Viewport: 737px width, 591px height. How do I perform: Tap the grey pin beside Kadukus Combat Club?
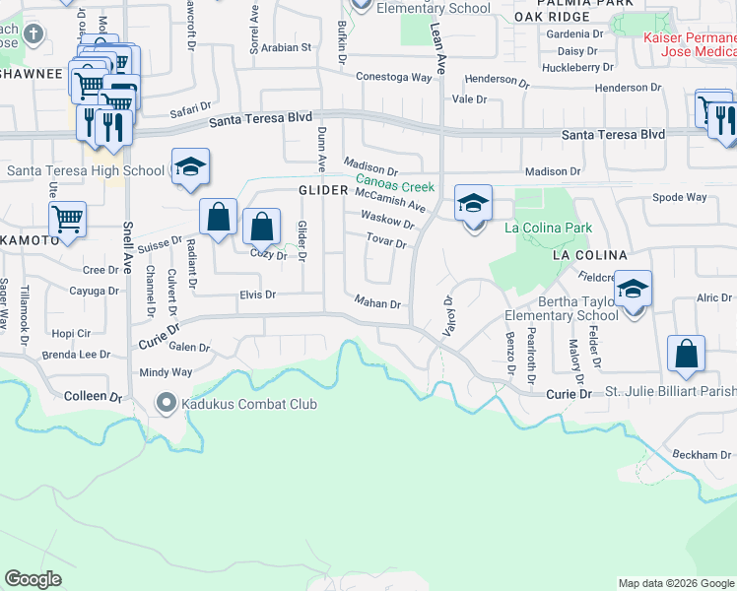point(167,403)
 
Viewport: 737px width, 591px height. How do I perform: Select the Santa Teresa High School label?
point(86,170)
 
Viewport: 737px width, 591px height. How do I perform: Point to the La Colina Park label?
point(548,228)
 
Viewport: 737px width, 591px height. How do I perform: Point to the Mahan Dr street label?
point(376,304)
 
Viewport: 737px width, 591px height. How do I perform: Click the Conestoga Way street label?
point(394,76)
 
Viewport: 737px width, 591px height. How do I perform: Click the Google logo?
point(33,578)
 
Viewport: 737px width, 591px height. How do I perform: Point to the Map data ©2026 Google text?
point(675,583)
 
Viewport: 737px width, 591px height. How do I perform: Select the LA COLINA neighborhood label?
point(589,255)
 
